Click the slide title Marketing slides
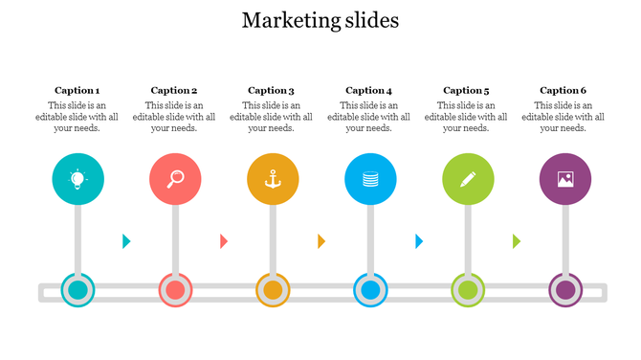pos(320,20)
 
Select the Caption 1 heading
pos(77,91)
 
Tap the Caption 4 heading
pos(369,91)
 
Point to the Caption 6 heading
pos(564,91)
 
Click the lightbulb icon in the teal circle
pos(77,178)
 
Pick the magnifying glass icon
pos(175,178)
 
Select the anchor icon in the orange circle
pos(273,178)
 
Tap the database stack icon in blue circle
pos(370,178)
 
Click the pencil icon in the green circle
pos(468,178)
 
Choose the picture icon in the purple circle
pos(565,178)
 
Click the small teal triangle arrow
pos(126,241)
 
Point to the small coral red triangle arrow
pos(224,241)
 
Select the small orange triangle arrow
pos(321,241)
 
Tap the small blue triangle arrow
pos(419,241)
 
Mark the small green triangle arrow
pos(517,241)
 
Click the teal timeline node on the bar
pos(77,290)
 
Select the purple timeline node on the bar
pos(565,290)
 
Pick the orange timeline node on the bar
pos(273,290)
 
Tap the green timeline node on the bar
pos(468,290)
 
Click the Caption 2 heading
pos(174,91)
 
